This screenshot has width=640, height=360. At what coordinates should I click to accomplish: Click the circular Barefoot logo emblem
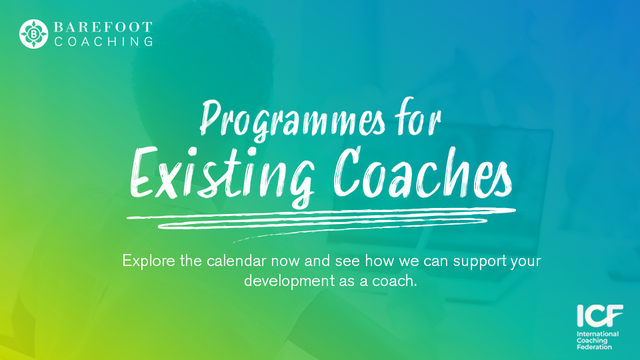coord(33,34)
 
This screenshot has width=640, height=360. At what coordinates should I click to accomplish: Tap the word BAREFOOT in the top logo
coord(103,27)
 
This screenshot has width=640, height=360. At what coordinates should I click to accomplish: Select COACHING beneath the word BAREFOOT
coord(103,42)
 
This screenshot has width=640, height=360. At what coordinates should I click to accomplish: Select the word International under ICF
coord(598,334)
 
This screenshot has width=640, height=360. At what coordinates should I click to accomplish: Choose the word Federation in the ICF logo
coord(595,347)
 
